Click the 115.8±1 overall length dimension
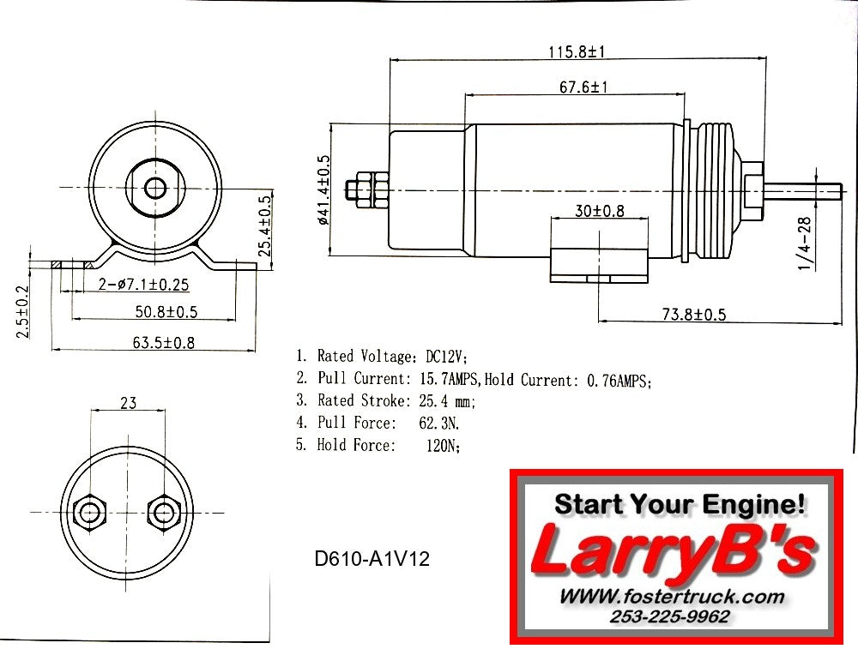(577, 51)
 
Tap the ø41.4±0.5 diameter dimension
(323, 189)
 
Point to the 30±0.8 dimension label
(600, 211)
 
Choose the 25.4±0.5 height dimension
(265, 225)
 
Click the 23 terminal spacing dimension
(128, 402)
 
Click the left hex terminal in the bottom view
(88, 513)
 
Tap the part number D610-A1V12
(372, 560)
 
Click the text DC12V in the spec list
(446, 356)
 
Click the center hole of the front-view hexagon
(154, 188)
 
